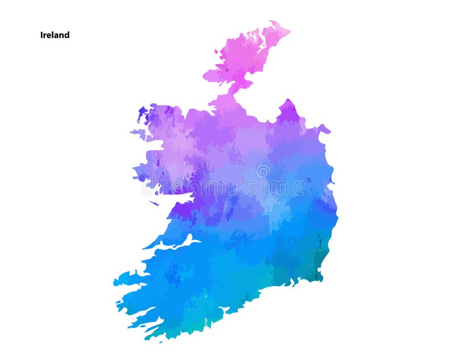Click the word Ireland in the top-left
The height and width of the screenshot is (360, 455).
[55, 35]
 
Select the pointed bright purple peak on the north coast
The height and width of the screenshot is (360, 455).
[289, 104]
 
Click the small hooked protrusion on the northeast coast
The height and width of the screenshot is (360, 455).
[325, 129]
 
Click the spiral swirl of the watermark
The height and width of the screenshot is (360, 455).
[263, 171]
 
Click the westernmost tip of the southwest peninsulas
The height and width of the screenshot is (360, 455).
[114, 282]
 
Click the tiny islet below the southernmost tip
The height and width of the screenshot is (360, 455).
[160, 342]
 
